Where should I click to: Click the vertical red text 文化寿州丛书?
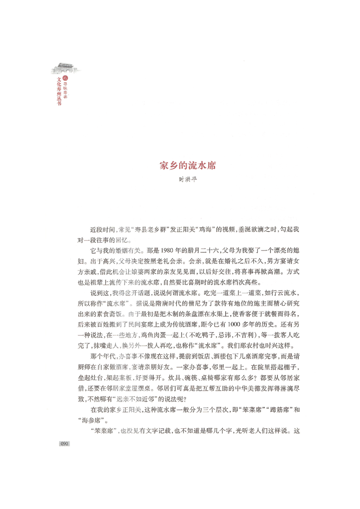pos(58,93)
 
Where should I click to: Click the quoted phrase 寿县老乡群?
pos(148,230)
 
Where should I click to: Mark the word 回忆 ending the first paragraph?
pos(130,240)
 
